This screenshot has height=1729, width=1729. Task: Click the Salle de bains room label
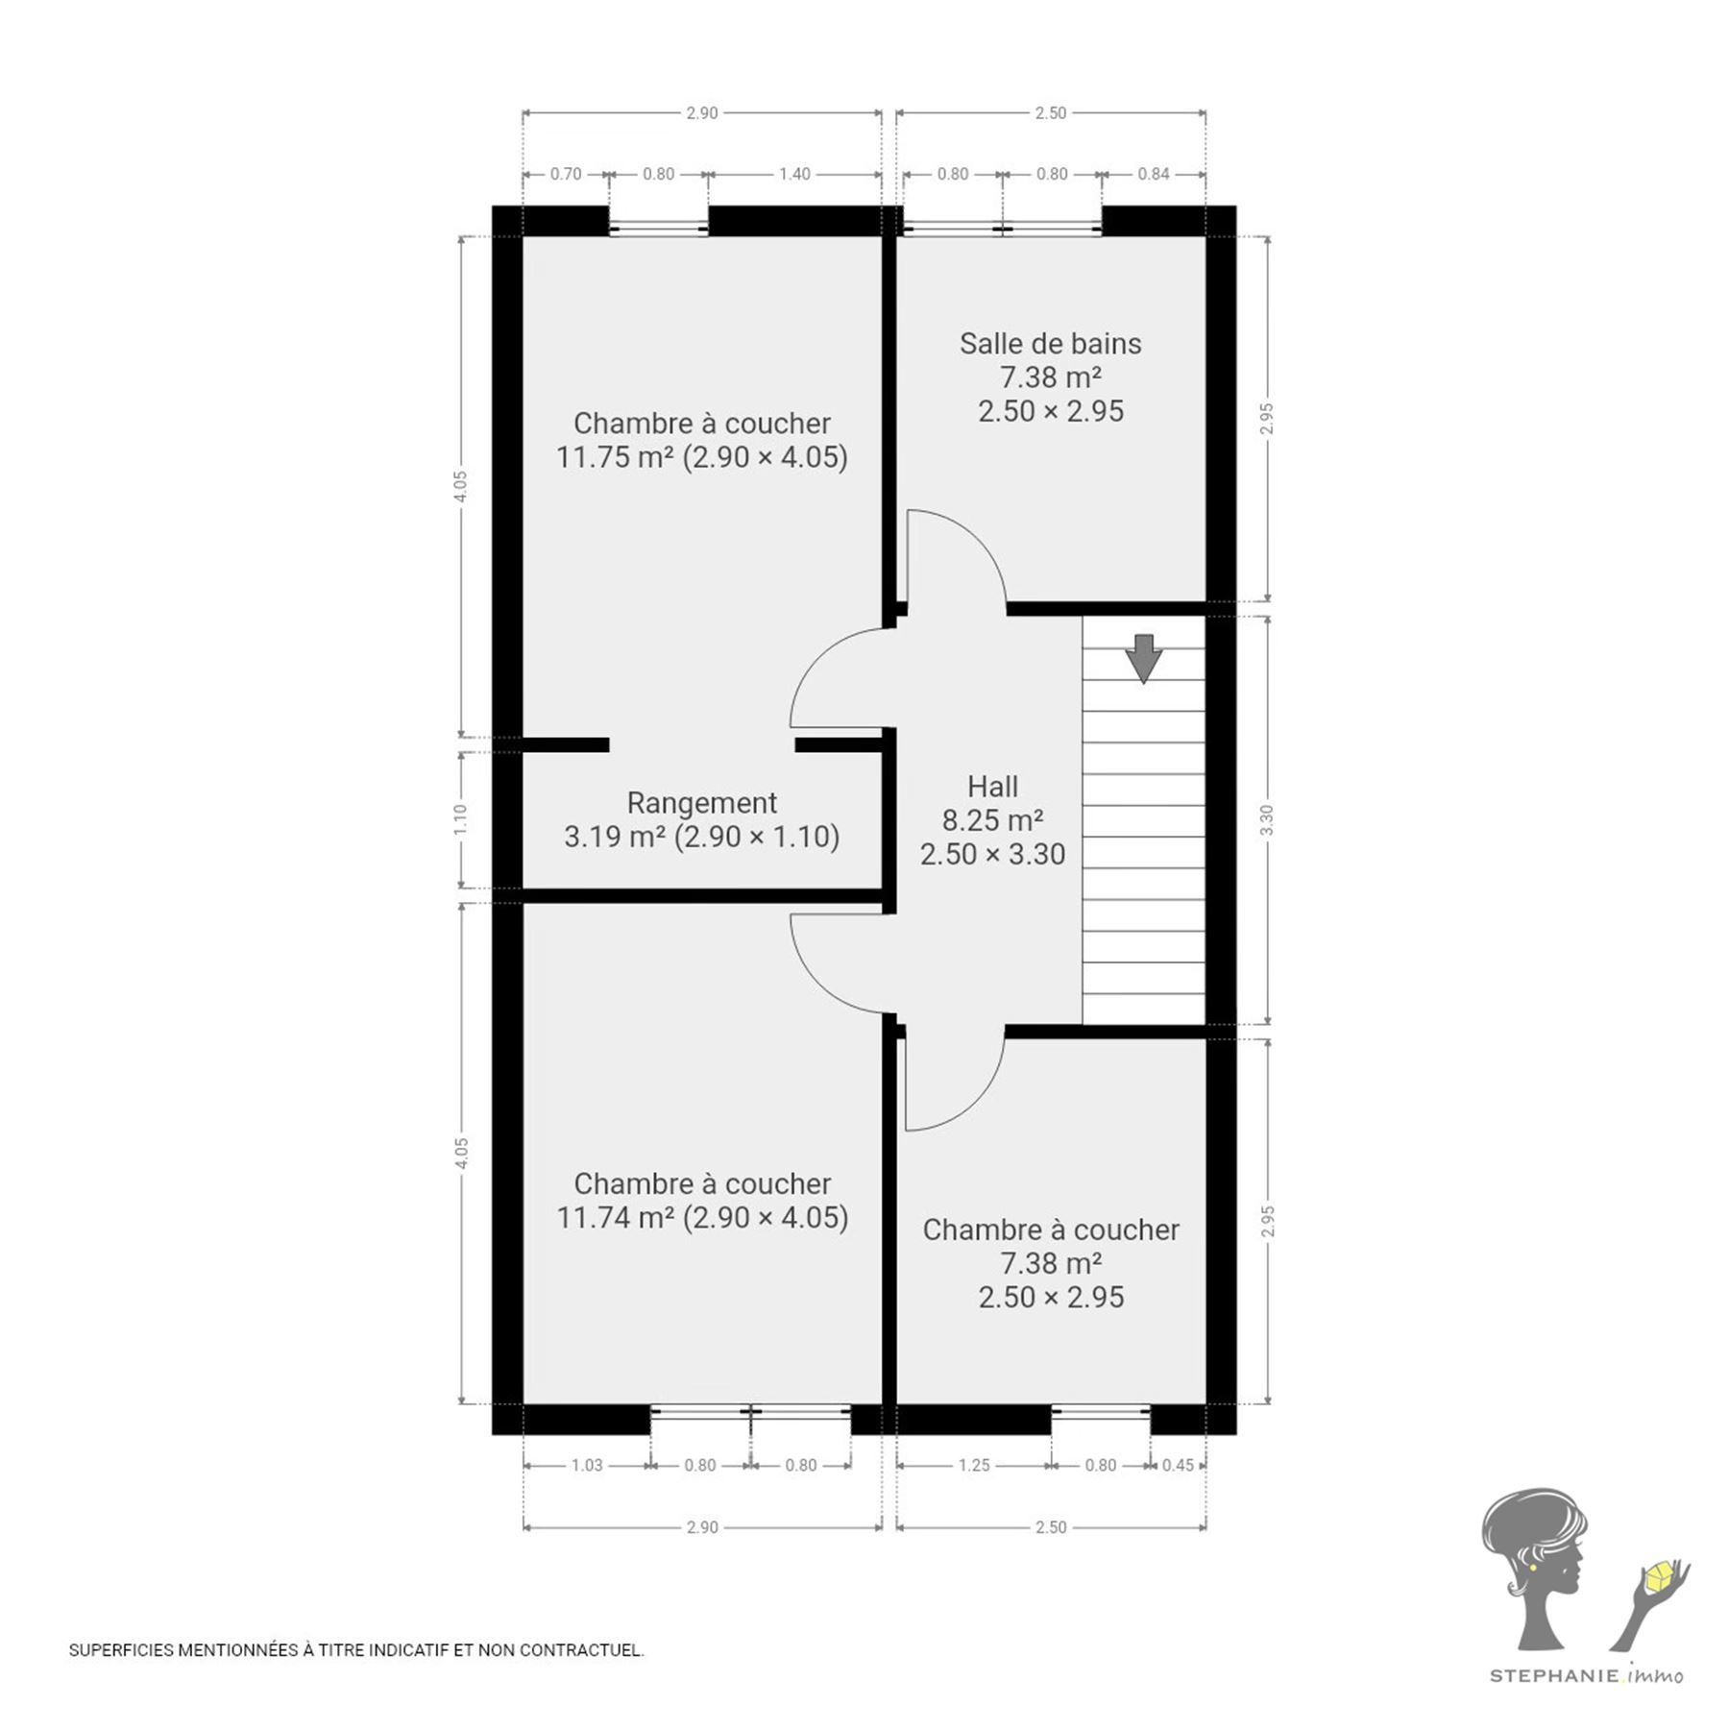(x=1051, y=344)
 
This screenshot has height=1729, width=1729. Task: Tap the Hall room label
(x=992, y=787)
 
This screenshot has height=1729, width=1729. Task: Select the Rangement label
(x=702, y=803)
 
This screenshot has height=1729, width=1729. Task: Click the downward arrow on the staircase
(x=1143, y=659)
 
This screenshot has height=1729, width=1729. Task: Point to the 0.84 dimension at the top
(x=1154, y=174)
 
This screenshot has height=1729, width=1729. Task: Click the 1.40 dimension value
(x=794, y=174)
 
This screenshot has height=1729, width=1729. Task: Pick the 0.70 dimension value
(x=566, y=174)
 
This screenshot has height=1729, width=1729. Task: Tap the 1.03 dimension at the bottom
(x=587, y=1465)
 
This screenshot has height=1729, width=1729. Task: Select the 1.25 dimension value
(x=974, y=1465)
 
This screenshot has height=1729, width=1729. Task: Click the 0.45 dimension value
(x=1178, y=1465)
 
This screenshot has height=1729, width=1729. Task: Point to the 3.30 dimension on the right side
(x=1267, y=819)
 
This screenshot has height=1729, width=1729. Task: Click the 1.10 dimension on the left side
(x=461, y=819)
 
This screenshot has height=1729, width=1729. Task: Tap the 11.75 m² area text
(x=615, y=457)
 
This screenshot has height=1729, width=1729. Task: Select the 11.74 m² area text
(x=616, y=1218)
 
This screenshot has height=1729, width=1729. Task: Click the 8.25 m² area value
(x=992, y=820)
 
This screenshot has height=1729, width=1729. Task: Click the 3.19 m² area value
(x=615, y=837)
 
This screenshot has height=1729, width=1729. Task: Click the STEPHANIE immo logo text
(x=1586, y=1676)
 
